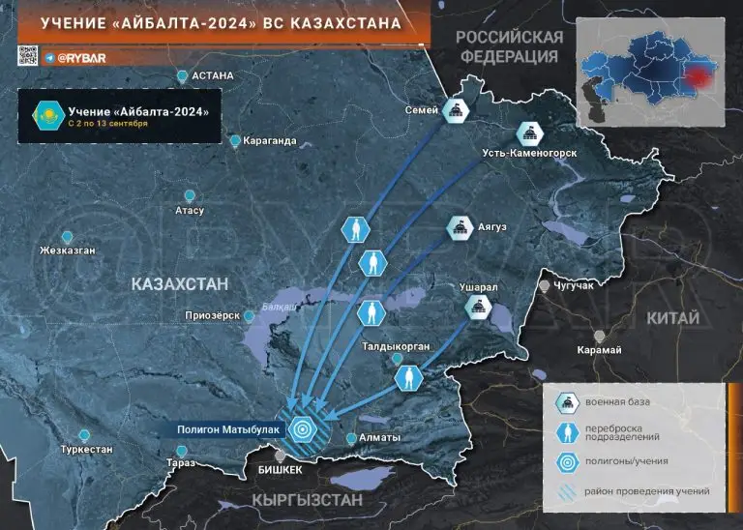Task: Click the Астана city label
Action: pos(213,75)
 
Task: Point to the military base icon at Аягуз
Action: pos(460,228)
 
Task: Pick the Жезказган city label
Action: pos(67,250)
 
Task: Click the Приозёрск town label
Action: pos(213,315)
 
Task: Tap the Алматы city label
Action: pos(379,438)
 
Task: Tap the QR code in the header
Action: pos(28,56)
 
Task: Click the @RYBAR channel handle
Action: pos(79,57)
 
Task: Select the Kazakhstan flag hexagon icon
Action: pos(41,115)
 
